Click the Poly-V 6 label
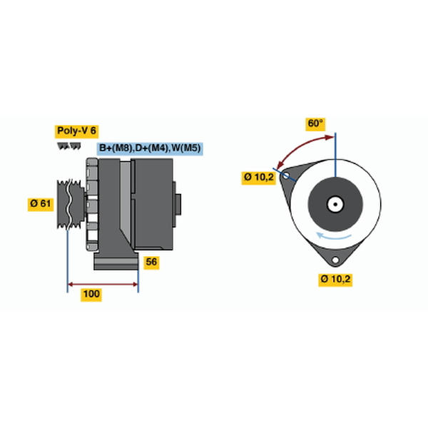click(77, 131)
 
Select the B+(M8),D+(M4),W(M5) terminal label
click(150, 148)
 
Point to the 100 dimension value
click(91, 295)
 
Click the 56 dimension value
click(151, 263)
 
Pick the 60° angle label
click(315, 124)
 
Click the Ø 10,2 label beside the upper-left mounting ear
click(259, 178)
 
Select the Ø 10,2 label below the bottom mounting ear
click(335, 280)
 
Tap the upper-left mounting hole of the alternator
click(285, 175)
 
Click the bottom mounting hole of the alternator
click(335, 260)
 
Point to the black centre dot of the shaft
click(335, 204)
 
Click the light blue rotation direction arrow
click(334, 236)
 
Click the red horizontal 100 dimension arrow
click(103, 285)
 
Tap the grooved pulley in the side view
click(71, 204)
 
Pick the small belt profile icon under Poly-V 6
click(69, 146)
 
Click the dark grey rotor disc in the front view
click(335, 204)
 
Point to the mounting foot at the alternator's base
click(116, 261)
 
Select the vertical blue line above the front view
click(335, 155)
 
